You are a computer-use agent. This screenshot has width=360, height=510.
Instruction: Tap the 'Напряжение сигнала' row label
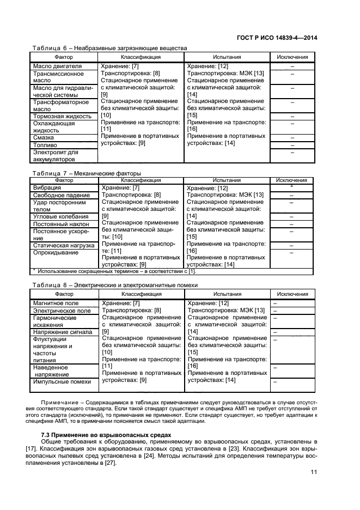[x=63, y=332]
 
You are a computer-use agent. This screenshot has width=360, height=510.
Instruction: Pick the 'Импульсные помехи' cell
[x=62, y=382]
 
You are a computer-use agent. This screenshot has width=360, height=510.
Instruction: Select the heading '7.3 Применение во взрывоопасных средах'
[x=106, y=434]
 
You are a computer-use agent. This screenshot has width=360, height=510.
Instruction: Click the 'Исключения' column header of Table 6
[x=292, y=57]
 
